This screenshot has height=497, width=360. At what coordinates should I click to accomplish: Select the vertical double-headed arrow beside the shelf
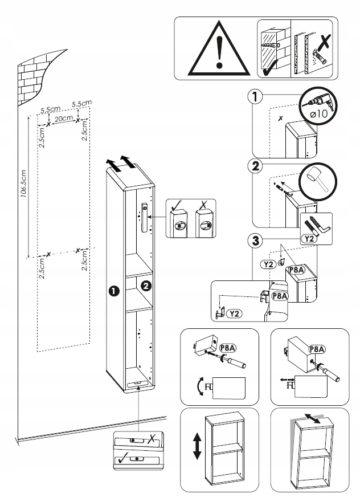[x=197, y=446]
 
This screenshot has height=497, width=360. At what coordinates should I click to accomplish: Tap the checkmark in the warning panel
[x=268, y=71]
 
